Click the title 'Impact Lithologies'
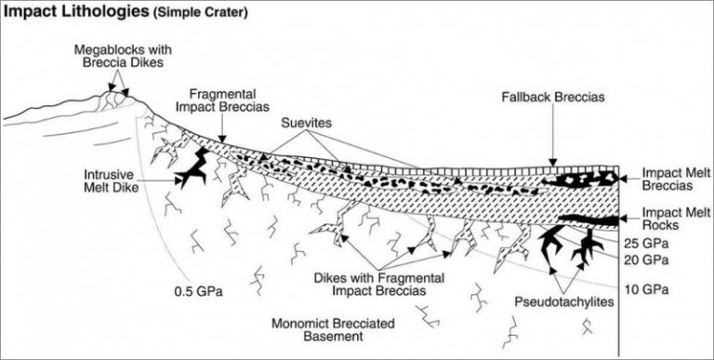[x=68, y=12]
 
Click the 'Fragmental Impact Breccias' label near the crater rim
[x=226, y=101]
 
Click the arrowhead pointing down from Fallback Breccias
[x=552, y=162]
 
